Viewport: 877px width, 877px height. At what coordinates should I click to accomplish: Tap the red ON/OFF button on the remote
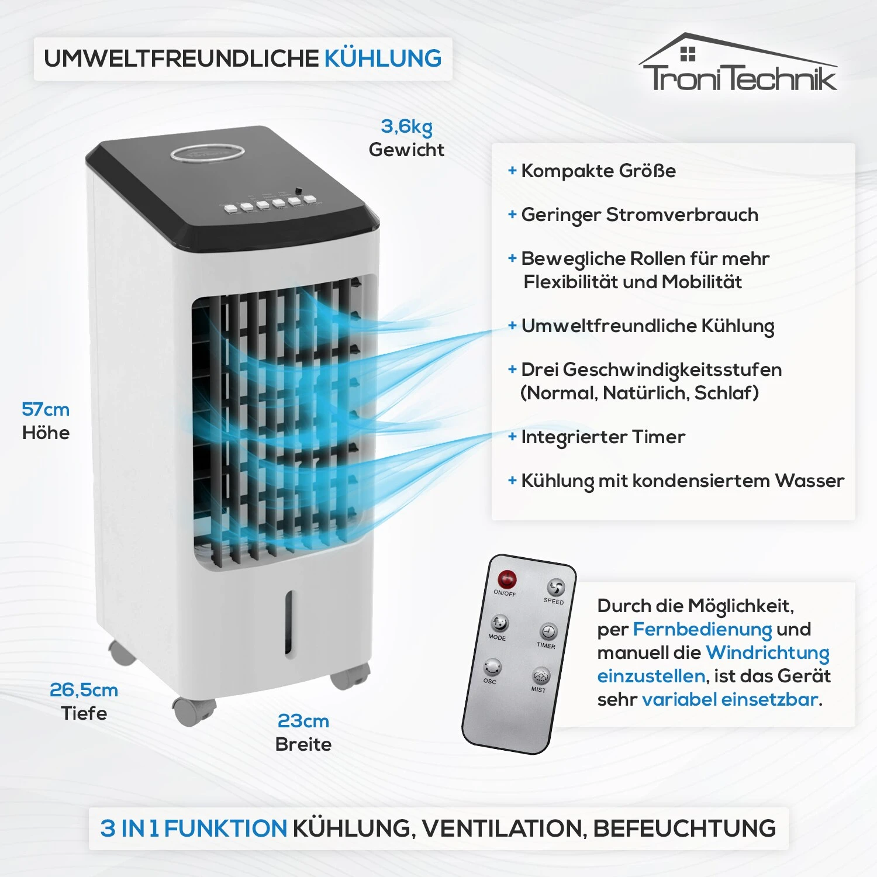point(506,579)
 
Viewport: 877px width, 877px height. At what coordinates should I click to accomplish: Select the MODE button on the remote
point(499,623)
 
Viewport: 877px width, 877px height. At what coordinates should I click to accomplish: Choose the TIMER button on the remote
point(548,631)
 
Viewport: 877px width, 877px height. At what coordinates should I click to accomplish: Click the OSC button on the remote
point(492,667)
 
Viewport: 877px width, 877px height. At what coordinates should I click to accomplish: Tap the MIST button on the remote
point(541,676)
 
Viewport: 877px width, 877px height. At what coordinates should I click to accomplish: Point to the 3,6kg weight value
point(406,126)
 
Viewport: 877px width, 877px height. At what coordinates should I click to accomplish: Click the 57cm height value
point(46,409)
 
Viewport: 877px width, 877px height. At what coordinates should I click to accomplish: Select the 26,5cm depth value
point(84,690)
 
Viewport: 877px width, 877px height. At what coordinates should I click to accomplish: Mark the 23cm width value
point(303,721)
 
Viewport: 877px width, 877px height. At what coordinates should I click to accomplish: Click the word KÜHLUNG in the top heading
point(383,58)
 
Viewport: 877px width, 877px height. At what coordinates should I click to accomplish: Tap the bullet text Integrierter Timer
point(603,437)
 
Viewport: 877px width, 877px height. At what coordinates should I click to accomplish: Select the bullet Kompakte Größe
point(598,171)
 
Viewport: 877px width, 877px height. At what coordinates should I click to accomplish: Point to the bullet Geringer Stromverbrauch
point(639,215)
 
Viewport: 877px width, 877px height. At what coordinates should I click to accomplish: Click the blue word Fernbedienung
point(702,629)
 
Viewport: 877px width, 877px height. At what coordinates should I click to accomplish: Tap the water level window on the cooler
point(289,623)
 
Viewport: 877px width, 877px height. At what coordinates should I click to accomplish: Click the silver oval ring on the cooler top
point(208,154)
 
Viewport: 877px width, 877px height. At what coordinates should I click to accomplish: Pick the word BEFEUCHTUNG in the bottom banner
point(684,828)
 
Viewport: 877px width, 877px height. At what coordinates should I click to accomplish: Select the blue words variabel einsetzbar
point(730,699)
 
